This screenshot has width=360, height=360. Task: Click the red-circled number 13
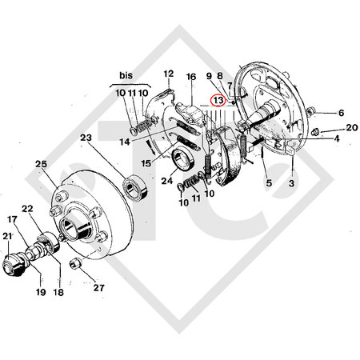pos(217,102)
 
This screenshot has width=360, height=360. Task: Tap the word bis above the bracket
pos(126,75)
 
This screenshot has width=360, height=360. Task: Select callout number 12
pos(169,74)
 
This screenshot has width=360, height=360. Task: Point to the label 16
pos(191,77)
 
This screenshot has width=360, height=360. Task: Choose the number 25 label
pos(41,164)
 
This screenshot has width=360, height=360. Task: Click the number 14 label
pos(124,142)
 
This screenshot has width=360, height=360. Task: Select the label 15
pos(145,163)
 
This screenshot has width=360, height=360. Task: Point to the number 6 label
pos(341,114)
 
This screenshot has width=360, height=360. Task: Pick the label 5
pos(268,183)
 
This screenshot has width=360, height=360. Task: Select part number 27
pos(100,286)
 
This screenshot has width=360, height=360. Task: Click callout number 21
pos(8,235)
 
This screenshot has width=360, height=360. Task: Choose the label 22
pos(26,208)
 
